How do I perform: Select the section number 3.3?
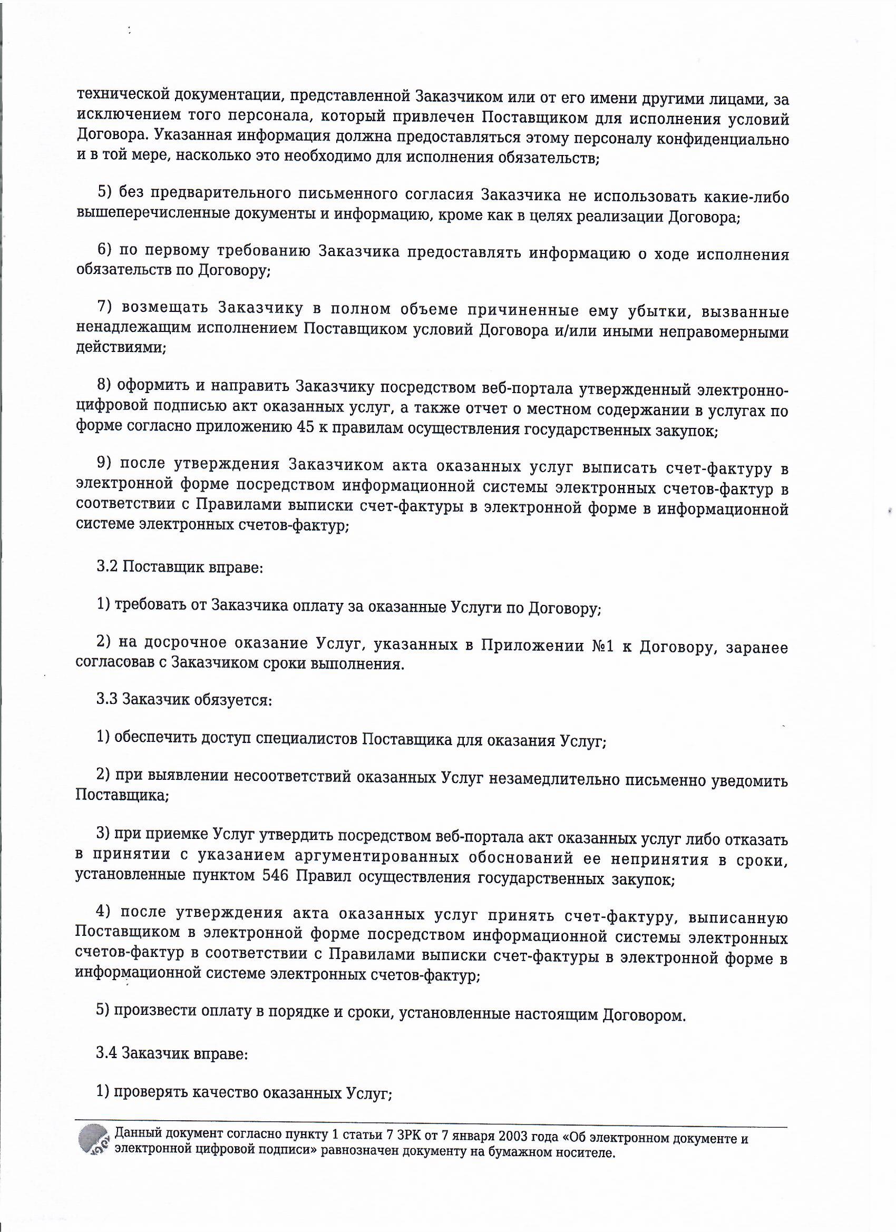(x=108, y=699)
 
